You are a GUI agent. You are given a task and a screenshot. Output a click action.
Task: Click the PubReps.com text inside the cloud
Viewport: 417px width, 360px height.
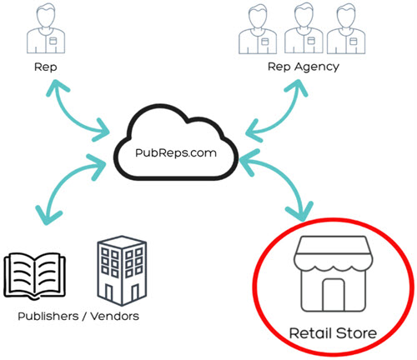click(176, 153)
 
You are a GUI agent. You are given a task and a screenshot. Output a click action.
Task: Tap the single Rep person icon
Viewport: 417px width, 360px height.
click(46, 28)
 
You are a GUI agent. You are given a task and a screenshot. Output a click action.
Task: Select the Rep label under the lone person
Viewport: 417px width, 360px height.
click(46, 67)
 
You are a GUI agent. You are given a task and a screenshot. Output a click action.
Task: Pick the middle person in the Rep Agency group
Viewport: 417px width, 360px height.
click(304, 28)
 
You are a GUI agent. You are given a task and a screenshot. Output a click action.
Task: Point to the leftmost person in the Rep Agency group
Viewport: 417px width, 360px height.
click(258, 28)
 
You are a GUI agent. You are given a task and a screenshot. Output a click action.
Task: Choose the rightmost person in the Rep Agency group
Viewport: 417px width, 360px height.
click(346, 28)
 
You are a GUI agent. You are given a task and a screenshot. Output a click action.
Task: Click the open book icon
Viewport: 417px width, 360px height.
click(35, 276)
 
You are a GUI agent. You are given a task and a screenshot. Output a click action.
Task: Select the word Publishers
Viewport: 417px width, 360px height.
click(48, 317)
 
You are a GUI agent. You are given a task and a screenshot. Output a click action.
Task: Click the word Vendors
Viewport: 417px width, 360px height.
click(114, 317)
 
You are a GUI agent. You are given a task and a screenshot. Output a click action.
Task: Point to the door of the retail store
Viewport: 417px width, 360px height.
click(334, 295)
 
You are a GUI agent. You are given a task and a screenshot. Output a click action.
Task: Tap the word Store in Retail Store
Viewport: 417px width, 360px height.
click(356, 333)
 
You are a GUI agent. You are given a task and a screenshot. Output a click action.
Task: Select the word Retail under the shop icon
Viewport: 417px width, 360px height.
click(310, 333)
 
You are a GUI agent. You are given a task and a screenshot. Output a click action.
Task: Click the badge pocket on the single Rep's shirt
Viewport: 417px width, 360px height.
click(53, 41)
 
